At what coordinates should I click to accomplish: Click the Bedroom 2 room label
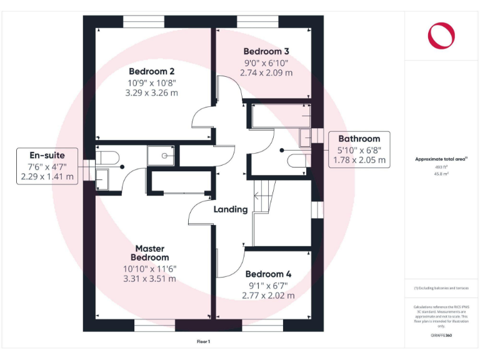[152, 71]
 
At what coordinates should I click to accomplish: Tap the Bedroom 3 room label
[266, 51]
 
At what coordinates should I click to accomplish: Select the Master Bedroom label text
[149, 253]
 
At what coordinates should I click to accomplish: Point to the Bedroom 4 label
[268, 274]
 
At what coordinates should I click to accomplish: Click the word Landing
[231, 209]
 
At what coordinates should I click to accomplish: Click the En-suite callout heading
[47, 154]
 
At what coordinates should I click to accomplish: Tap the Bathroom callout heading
[359, 139]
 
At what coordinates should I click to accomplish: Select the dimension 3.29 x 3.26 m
[152, 93]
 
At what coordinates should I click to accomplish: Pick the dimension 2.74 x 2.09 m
[266, 72]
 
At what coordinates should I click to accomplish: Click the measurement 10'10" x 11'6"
[149, 269]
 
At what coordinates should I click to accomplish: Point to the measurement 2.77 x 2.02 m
[268, 295]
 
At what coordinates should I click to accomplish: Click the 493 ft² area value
[441, 167]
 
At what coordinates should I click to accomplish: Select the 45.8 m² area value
[441, 174]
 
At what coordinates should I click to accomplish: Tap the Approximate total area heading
[441, 159]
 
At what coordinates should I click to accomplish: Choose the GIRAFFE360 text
[441, 336]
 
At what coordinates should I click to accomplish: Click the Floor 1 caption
[204, 342]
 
